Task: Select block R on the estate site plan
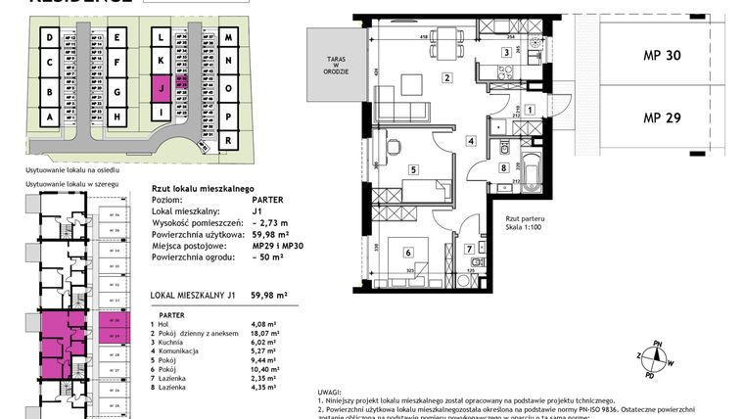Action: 228,140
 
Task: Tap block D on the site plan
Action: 48,38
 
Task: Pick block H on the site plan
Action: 116,116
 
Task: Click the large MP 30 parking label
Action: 663,55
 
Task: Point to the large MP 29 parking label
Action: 663,117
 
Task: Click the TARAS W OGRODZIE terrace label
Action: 328,70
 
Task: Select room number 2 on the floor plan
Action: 446,78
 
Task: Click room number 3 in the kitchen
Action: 506,53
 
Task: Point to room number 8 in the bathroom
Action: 503,167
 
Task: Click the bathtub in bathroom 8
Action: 530,175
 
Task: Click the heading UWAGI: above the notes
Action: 331,391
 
